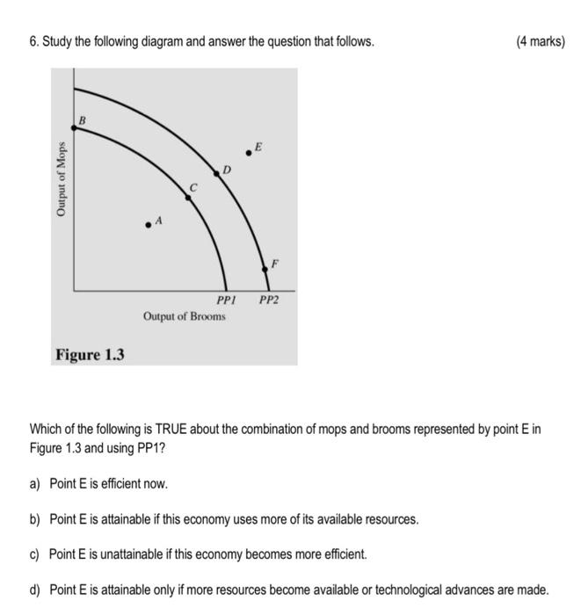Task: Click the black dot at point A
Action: click(x=149, y=225)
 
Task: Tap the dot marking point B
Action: click(x=74, y=128)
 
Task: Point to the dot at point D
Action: click(x=217, y=171)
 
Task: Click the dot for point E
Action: click(x=249, y=153)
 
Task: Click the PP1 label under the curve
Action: click(x=227, y=300)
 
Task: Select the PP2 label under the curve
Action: click(x=268, y=300)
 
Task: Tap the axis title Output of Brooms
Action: click(x=185, y=316)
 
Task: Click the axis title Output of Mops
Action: click(x=62, y=179)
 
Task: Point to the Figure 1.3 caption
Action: click(x=90, y=355)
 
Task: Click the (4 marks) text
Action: click(x=541, y=41)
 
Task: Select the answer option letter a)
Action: click(x=36, y=483)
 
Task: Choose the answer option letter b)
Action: click(x=36, y=519)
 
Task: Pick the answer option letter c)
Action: click(x=36, y=554)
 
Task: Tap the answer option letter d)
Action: click(x=36, y=590)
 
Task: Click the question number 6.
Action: click(x=33, y=41)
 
